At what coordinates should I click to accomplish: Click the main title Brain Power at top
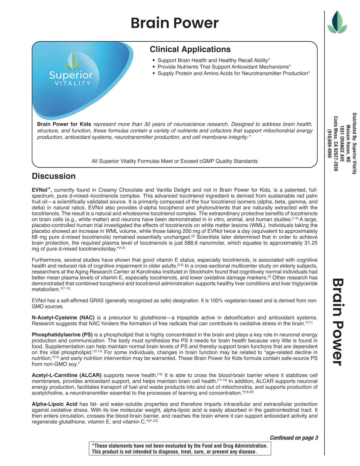pyautogui.click(x=174, y=23)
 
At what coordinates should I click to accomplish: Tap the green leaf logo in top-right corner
pyautogui.click(x=337, y=22)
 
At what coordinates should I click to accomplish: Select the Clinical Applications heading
pyautogui.click(x=190, y=49)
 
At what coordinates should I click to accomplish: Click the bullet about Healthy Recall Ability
pyautogui.click(x=213, y=60)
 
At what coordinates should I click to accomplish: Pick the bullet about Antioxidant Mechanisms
pyautogui.click(x=224, y=67)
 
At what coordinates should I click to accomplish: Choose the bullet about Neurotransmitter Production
pyautogui.click(x=234, y=73)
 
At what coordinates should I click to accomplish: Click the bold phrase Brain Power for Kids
pyautogui.click(x=64, y=124)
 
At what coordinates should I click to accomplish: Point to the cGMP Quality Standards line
pyautogui.click(x=174, y=161)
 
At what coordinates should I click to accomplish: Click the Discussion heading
pyautogui.click(x=54, y=176)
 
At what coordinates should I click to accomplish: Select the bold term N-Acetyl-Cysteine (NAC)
pyautogui.click(x=63, y=318)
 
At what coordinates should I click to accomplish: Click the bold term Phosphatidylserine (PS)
pyautogui.click(x=62, y=335)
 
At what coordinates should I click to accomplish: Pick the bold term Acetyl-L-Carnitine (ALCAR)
pyautogui.click(x=67, y=375)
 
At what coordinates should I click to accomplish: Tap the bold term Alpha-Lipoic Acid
pyautogui.click(x=54, y=404)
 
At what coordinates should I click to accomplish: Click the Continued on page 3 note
pyautogui.click(x=294, y=438)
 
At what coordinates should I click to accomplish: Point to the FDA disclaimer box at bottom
pyautogui.click(x=180, y=449)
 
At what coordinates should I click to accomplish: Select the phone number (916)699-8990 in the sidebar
pyautogui.click(x=329, y=143)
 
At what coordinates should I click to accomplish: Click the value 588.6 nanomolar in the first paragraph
pyautogui.click(x=205, y=243)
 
